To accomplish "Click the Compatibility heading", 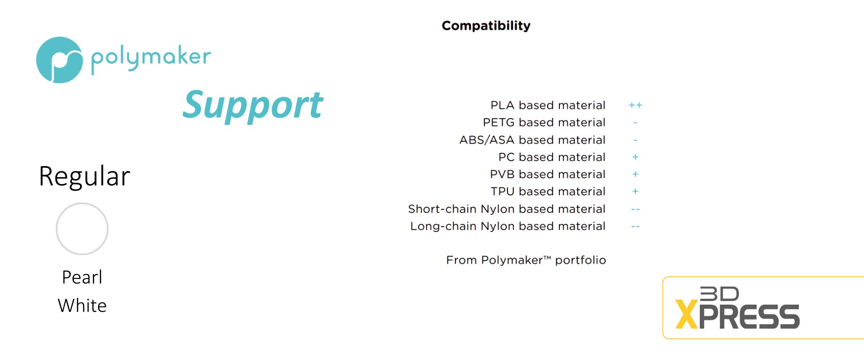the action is pos(486,26).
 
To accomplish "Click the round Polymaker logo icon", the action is pos(59,60).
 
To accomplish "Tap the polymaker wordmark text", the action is pos(151,58).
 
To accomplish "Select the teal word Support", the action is pos(252,105).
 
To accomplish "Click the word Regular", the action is pos(85,176).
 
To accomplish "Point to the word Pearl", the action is pos(82,277).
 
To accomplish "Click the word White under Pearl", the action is pos(82,306).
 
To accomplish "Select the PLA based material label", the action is pos(548,105).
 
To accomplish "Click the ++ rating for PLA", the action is pos(635,105).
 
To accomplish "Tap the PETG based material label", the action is pos(544,122).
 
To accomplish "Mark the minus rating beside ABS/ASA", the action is pos(635,140).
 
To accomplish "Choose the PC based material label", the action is pos(552,157).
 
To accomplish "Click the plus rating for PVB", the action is pos(635,174).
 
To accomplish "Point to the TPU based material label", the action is pos(548,191).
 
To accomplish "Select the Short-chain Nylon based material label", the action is pos(507,209).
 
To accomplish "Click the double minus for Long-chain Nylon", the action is pos(635,227).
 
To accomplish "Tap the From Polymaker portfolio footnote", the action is pos(526,260).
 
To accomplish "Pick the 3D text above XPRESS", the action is pos(719,294).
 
